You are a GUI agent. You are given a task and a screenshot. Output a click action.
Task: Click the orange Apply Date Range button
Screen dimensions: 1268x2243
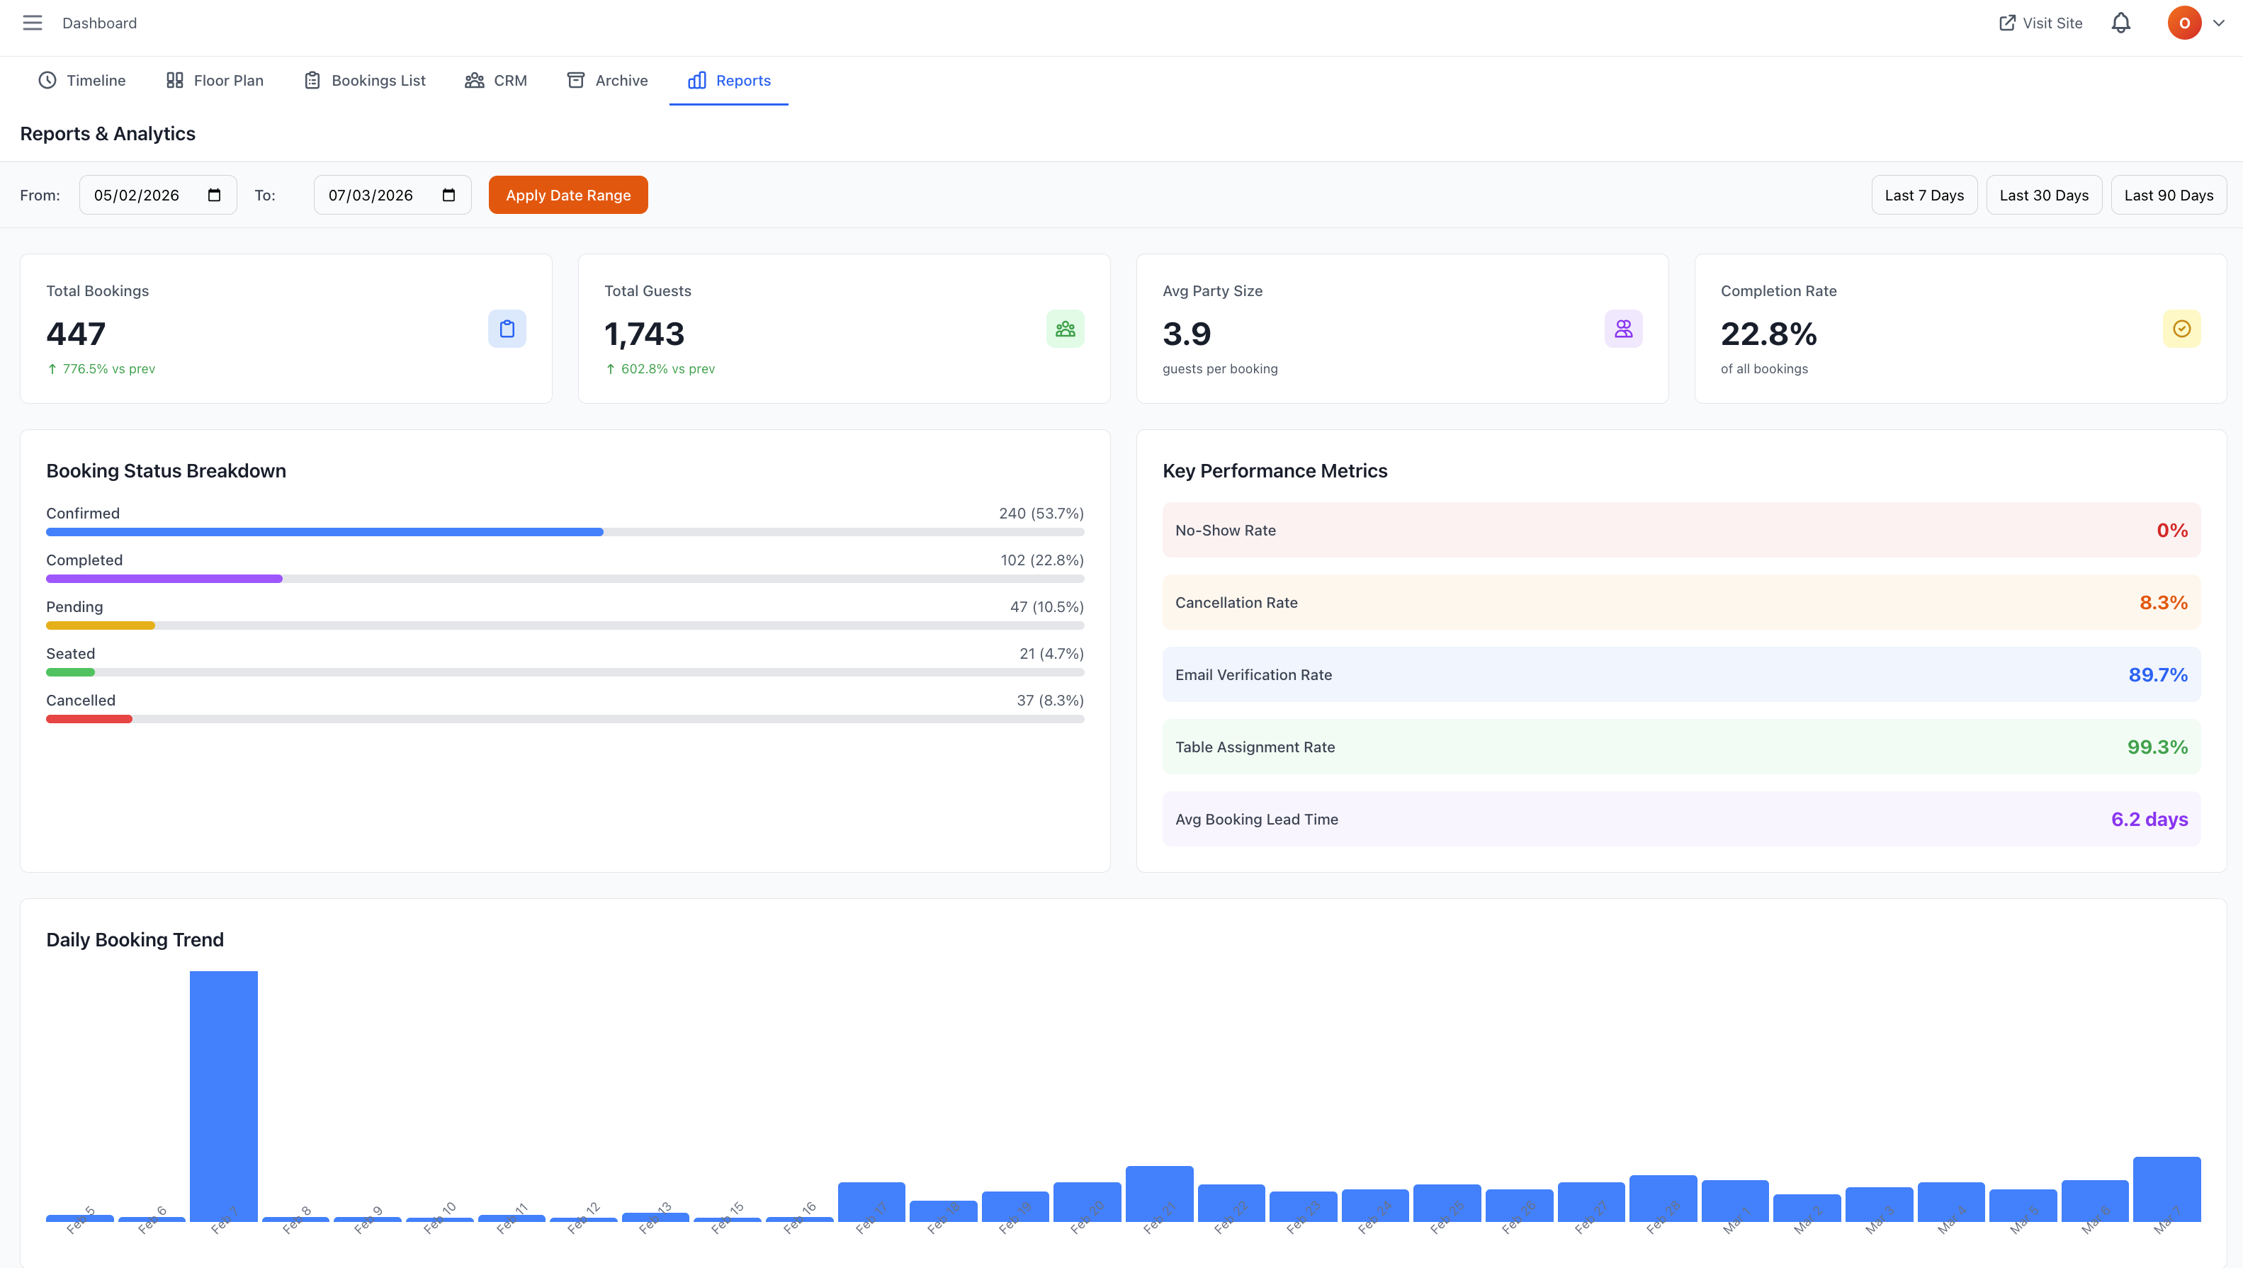tap(567, 195)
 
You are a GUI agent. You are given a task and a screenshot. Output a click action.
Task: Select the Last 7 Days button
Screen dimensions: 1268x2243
tap(1923, 195)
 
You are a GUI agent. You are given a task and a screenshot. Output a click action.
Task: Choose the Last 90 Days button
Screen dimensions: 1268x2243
tap(2168, 195)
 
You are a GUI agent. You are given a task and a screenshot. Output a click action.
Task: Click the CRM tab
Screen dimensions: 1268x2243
tap(497, 80)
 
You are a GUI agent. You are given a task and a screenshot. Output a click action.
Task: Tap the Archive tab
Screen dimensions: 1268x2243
tap(607, 80)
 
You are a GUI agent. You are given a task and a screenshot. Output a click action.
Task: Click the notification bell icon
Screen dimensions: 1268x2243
tap(2120, 23)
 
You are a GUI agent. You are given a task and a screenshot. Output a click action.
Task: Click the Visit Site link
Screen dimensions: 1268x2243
tap(2040, 23)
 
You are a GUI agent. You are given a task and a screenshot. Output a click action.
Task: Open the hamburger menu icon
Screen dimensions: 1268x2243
tap(32, 23)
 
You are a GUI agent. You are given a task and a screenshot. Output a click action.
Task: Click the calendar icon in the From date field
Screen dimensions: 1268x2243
tap(214, 195)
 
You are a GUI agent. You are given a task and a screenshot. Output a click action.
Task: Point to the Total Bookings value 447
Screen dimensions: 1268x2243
tap(76, 334)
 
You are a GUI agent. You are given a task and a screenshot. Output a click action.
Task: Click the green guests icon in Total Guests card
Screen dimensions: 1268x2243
tap(1065, 329)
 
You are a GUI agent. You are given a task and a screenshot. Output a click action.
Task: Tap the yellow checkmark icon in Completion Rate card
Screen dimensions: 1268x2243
tap(2181, 329)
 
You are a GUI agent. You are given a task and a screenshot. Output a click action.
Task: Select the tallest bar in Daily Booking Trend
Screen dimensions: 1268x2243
tap(224, 1096)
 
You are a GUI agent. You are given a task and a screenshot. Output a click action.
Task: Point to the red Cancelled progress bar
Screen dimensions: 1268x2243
tap(89, 719)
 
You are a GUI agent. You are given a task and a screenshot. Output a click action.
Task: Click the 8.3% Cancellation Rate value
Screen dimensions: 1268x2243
tap(2163, 603)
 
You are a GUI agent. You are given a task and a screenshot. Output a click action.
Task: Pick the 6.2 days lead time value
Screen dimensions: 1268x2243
tap(2149, 820)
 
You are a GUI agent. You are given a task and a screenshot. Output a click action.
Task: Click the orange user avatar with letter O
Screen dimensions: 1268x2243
tap(2183, 23)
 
